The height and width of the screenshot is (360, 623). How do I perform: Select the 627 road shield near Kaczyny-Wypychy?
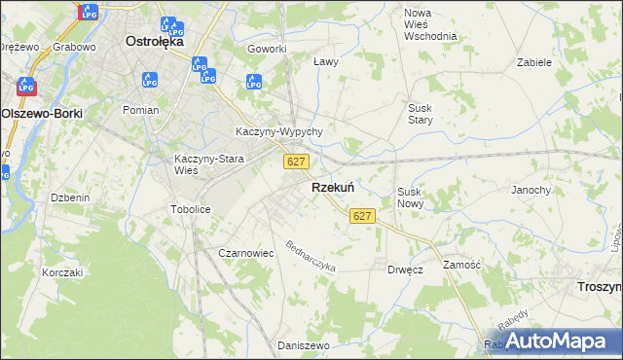coord(298,161)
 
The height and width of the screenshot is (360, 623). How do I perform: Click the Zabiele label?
coord(534,61)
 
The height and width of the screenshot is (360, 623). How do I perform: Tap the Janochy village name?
coord(531,190)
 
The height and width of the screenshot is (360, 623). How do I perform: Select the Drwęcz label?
coord(405,270)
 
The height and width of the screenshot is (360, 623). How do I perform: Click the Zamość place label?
coord(462,265)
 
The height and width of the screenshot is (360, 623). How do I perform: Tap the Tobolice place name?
coord(191,209)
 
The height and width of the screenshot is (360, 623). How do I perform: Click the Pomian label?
coord(141,110)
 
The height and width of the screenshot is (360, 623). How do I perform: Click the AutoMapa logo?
coord(556,341)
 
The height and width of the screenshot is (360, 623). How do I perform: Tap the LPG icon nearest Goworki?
coord(254,82)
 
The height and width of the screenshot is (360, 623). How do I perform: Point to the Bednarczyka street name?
coord(311,256)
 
